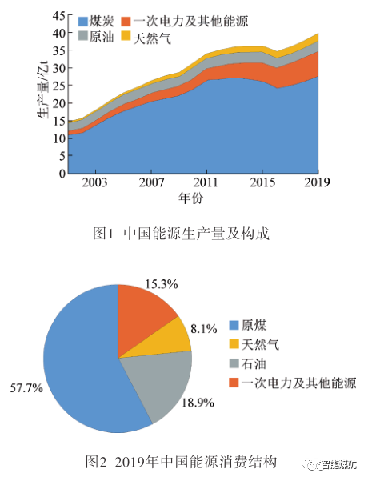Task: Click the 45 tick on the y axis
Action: point(56,14)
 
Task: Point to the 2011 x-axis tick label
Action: point(207,182)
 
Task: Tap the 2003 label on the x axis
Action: point(95,182)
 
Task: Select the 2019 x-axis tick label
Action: point(318,182)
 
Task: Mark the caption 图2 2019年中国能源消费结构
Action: point(181,462)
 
